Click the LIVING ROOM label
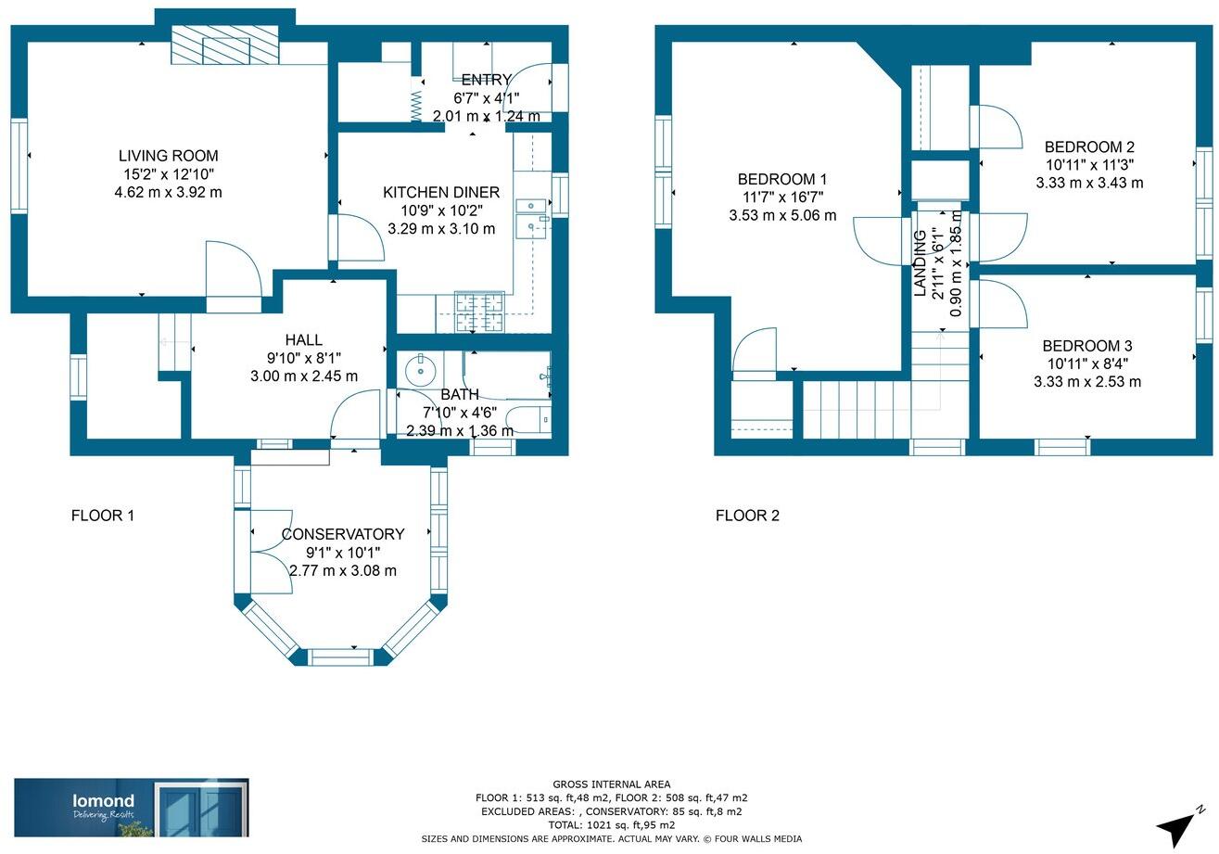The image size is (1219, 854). [168, 156]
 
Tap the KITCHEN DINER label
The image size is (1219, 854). [441, 192]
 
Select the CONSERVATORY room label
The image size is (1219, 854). [343, 534]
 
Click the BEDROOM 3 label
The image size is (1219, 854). [1087, 346]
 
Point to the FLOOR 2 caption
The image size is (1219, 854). [747, 516]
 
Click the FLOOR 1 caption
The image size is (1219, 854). [103, 516]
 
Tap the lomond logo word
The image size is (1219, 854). [104, 800]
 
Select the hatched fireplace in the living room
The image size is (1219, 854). [224, 45]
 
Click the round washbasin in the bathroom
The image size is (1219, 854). [421, 368]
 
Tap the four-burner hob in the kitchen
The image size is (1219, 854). [479, 312]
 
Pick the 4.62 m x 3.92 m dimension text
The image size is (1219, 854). [168, 192]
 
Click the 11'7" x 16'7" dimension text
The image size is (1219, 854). [782, 197]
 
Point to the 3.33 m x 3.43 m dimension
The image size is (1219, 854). [1089, 183]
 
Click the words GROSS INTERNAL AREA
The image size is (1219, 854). [612, 784]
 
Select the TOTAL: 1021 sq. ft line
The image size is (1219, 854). [612, 825]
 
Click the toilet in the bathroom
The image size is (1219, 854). [527, 420]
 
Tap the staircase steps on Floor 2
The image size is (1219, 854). [857, 409]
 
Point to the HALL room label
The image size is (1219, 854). [304, 340]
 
